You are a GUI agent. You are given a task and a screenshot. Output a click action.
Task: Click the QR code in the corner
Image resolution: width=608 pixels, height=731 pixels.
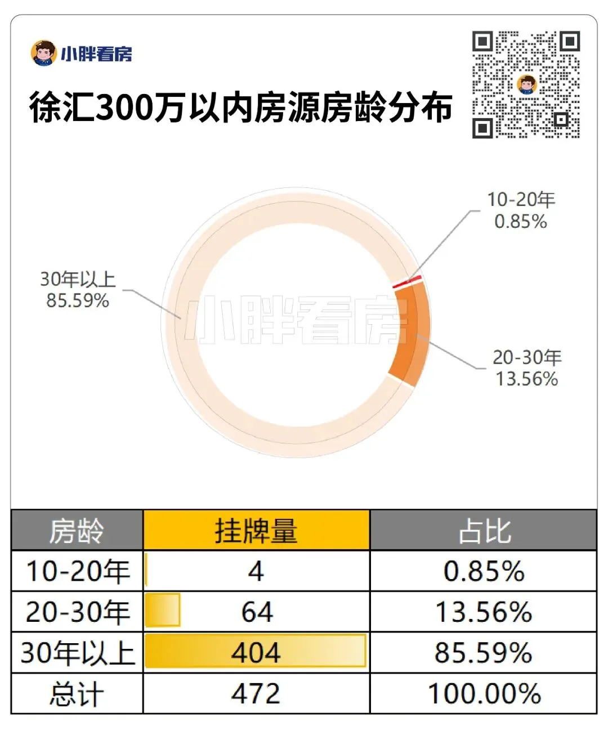[526, 84]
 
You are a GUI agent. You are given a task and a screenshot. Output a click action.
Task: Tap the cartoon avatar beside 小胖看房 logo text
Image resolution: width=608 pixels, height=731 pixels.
[44, 53]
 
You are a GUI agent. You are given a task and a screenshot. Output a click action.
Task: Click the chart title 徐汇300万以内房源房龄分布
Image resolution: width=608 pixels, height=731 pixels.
[241, 107]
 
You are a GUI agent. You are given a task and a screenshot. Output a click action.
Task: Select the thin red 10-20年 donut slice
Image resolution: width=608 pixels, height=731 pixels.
[407, 282]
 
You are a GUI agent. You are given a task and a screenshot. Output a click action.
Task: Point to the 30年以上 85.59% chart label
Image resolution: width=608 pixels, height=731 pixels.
[78, 289]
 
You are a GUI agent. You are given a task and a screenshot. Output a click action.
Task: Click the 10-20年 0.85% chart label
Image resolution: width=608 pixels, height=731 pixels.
[521, 210]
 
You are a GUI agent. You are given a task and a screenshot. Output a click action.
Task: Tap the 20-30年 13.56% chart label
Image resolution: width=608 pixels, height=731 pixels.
[527, 368]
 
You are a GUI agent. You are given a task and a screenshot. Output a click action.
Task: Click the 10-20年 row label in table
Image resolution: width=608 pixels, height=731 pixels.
[78, 571]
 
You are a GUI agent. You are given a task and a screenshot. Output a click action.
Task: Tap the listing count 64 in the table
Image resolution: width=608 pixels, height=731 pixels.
[257, 612]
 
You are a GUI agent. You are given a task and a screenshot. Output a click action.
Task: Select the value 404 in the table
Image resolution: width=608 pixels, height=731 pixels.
[256, 653]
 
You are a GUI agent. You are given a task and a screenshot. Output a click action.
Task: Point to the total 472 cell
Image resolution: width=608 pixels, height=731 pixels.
[256, 693]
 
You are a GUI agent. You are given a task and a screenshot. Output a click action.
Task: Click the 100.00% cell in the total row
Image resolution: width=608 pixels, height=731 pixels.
[484, 693]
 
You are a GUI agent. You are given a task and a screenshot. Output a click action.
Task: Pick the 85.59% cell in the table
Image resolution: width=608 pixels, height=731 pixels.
[484, 653]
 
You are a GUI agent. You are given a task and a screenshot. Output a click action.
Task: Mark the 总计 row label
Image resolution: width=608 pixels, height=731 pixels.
[77, 693]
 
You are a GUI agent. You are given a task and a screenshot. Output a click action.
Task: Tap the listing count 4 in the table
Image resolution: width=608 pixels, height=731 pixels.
[256, 571]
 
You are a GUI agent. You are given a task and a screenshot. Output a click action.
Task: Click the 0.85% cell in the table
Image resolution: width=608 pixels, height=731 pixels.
[484, 571]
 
